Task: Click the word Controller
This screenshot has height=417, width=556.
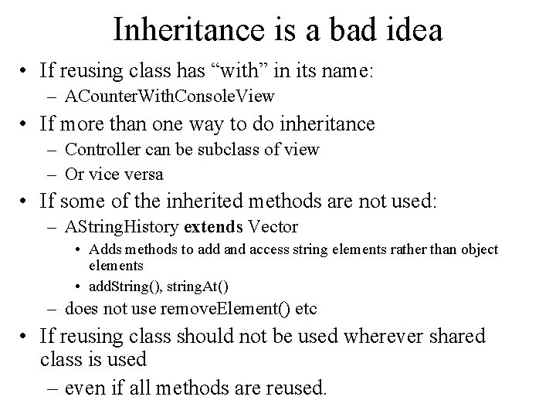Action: (98, 149)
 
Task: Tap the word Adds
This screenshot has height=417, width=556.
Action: (104, 250)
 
